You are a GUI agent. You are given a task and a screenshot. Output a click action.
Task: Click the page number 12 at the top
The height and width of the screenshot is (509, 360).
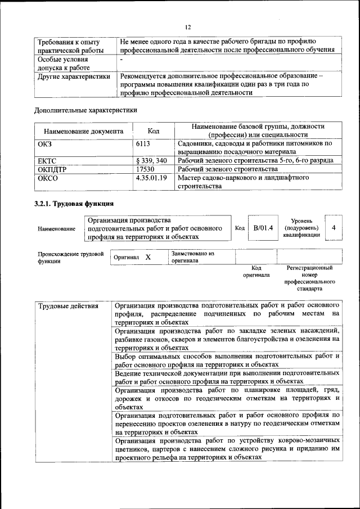pyautogui.click(x=188, y=27)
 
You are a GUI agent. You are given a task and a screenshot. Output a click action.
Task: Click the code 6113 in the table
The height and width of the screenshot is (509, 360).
pyautogui.click(x=143, y=144)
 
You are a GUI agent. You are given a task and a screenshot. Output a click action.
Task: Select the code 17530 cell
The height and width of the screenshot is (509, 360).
pyautogui.click(x=145, y=169)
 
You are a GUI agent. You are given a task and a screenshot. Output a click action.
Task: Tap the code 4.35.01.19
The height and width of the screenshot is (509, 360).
pyautogui.click(x=152, y=178)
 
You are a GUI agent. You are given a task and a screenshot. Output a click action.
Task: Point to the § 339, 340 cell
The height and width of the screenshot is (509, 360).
pyautogui.click(x=151, y=160)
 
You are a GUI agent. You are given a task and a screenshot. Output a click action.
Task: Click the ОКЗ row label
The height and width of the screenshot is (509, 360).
pyautogui.click(x=46, y=144)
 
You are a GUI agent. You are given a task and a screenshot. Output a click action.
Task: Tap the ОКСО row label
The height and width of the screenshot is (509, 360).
pyautogui.click(x=48, y=178)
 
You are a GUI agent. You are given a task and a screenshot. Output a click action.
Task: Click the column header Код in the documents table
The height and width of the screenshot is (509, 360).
pyautogui.click(x=152, y=131)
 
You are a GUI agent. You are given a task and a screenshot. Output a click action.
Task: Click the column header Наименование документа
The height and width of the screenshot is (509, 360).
pyautogui.click(x=83, y=131)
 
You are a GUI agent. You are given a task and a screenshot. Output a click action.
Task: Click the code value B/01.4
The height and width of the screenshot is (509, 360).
pyautogui.click(x=263, y=228)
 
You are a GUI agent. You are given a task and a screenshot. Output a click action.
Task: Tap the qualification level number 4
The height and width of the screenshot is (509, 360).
pyautogui.click(x=334, y=228)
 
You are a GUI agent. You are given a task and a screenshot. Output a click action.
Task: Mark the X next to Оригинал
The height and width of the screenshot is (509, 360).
pyautogui.click(x=148, y=257)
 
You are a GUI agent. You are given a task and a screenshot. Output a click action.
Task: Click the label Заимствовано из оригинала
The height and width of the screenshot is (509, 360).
pyautogui.click(x=193, y=257)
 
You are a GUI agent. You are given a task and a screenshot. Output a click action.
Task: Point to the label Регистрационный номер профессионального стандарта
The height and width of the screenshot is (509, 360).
pyautogui.click(x=310, y=278)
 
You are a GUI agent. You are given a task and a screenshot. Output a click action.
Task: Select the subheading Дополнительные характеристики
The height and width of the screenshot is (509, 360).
pyautogui.click(x=85, y=110)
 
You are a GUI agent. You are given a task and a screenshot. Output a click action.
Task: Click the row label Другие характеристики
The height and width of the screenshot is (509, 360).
pyautogui.click(x=74, y=76)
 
